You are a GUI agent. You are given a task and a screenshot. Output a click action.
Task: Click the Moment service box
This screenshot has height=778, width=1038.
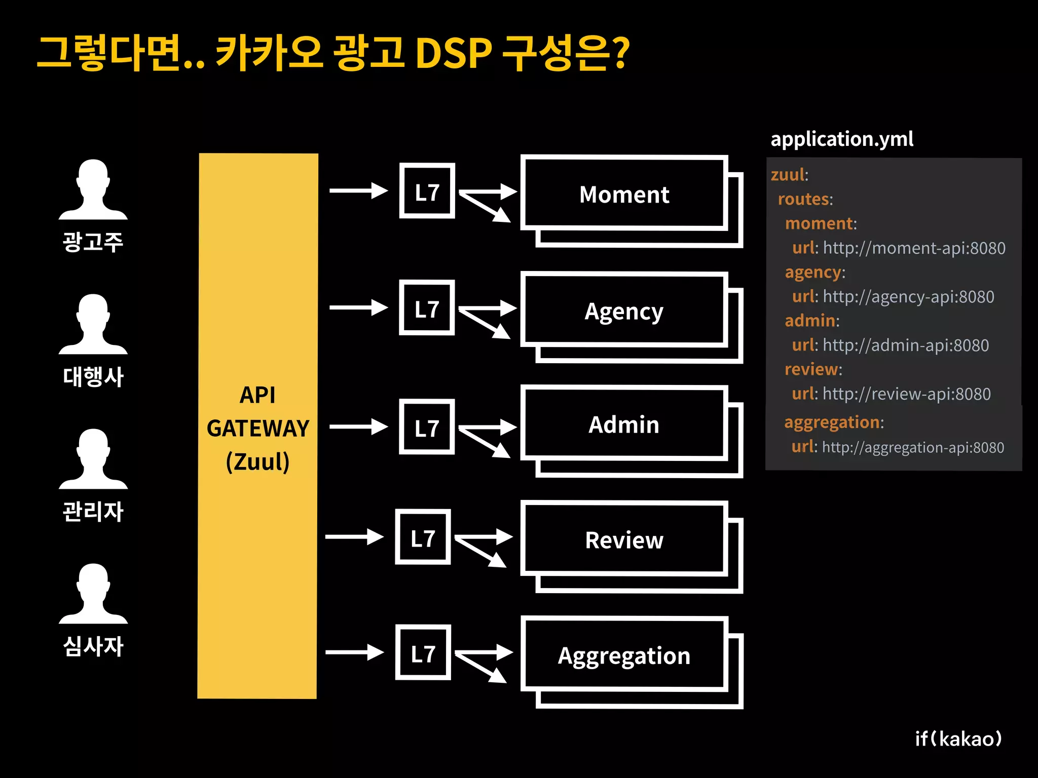click(624, 194)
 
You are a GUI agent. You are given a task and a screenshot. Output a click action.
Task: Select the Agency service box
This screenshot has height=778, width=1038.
click(624, 310)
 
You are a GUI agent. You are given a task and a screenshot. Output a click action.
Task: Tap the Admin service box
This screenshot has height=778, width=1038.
click(624, 424)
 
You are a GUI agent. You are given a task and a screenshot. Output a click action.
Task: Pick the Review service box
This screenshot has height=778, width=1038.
click(624, 540)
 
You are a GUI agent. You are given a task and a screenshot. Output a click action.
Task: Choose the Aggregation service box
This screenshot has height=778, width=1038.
click(624, 655)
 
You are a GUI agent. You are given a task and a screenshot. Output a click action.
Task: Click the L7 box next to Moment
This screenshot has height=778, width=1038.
click(427, 191)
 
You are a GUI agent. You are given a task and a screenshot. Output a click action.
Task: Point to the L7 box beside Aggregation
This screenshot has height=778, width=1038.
click(423, 652)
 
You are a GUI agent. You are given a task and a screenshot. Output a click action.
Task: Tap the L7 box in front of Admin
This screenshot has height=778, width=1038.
click(427, 427)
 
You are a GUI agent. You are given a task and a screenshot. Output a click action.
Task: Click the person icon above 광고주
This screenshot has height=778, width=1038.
click(93, 189)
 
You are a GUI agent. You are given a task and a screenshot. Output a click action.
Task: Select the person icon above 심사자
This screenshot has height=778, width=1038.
click(93, 594)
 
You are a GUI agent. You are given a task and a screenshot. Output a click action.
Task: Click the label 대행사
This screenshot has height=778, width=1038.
click(93, 377)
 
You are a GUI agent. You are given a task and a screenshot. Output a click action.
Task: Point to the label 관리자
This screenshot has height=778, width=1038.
click(93, 512)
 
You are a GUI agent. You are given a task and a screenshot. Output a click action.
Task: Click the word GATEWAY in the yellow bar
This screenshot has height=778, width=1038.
click(258, 429)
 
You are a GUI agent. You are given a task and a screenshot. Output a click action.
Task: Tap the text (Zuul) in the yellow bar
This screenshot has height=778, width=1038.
click(258, 461)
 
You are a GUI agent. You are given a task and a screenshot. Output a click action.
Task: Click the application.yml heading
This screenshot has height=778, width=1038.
click(842, 139)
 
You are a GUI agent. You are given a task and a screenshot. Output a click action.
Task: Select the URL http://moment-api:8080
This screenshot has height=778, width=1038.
click(914, 248)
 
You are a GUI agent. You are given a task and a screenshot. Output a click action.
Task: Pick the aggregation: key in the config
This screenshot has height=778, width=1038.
click(834, 422)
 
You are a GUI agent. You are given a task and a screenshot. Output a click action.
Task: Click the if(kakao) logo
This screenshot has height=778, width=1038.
click(958, 738)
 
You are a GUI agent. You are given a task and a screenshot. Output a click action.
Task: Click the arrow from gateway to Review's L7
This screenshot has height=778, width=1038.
click(354, 537)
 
